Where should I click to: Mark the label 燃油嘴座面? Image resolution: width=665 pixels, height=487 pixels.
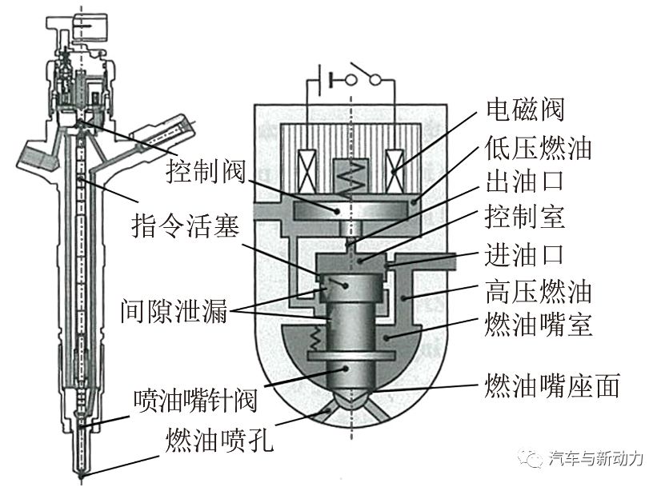pos(552,386)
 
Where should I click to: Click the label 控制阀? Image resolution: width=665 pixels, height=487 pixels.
pos(205,169)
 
